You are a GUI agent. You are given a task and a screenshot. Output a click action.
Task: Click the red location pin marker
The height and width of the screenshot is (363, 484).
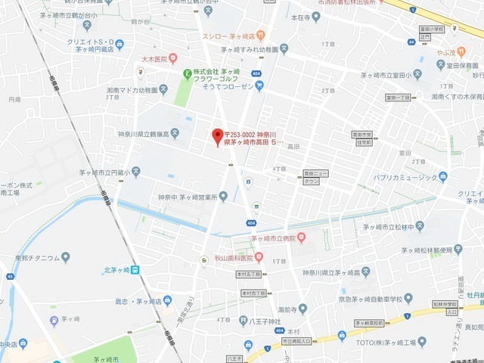(x=218, y=136)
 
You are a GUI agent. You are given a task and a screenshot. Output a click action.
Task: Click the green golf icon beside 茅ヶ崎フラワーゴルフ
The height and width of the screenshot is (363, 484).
(x=188, y=73)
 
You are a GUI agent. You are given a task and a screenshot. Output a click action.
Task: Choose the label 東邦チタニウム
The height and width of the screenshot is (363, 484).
(x=29, y=258)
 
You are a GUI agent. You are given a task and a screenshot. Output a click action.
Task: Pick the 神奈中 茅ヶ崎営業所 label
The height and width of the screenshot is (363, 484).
(x=187, y=197)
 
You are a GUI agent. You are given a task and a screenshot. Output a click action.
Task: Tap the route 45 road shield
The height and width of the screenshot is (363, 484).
(x=10, y=276)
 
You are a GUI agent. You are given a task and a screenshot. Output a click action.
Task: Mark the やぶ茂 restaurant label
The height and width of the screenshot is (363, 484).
(x=445, y=53)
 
